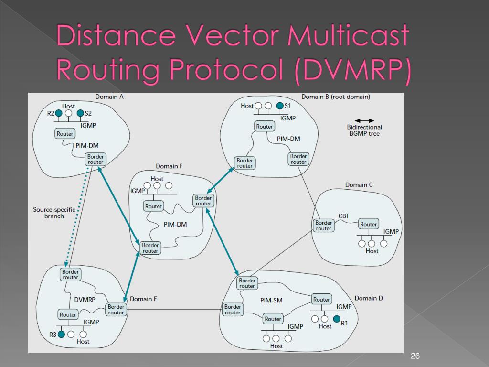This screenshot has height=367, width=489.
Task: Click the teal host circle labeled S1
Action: (280, 106)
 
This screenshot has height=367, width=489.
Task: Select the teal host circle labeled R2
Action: (58, 113)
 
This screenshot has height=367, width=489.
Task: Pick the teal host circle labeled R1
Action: (337, 319)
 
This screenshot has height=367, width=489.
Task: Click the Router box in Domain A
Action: (65, 134)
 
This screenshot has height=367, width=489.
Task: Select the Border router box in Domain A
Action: (96, 159)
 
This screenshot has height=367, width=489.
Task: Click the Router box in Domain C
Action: (369, 224)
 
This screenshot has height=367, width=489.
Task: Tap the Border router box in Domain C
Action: (323, 226)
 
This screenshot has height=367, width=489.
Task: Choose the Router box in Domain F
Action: (154, 206)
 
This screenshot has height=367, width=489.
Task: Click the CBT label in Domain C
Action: (344, 216)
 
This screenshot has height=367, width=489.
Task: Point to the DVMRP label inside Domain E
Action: (85, 300)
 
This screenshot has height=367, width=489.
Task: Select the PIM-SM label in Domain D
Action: (272, 301)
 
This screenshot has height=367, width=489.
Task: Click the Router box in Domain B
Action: (264, 127)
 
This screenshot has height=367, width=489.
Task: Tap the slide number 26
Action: (415, 356)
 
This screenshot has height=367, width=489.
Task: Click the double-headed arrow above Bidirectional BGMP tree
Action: (364, 120)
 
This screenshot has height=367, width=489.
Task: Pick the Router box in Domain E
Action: (68, 314)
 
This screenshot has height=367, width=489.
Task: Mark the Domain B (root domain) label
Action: (336, 97)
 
